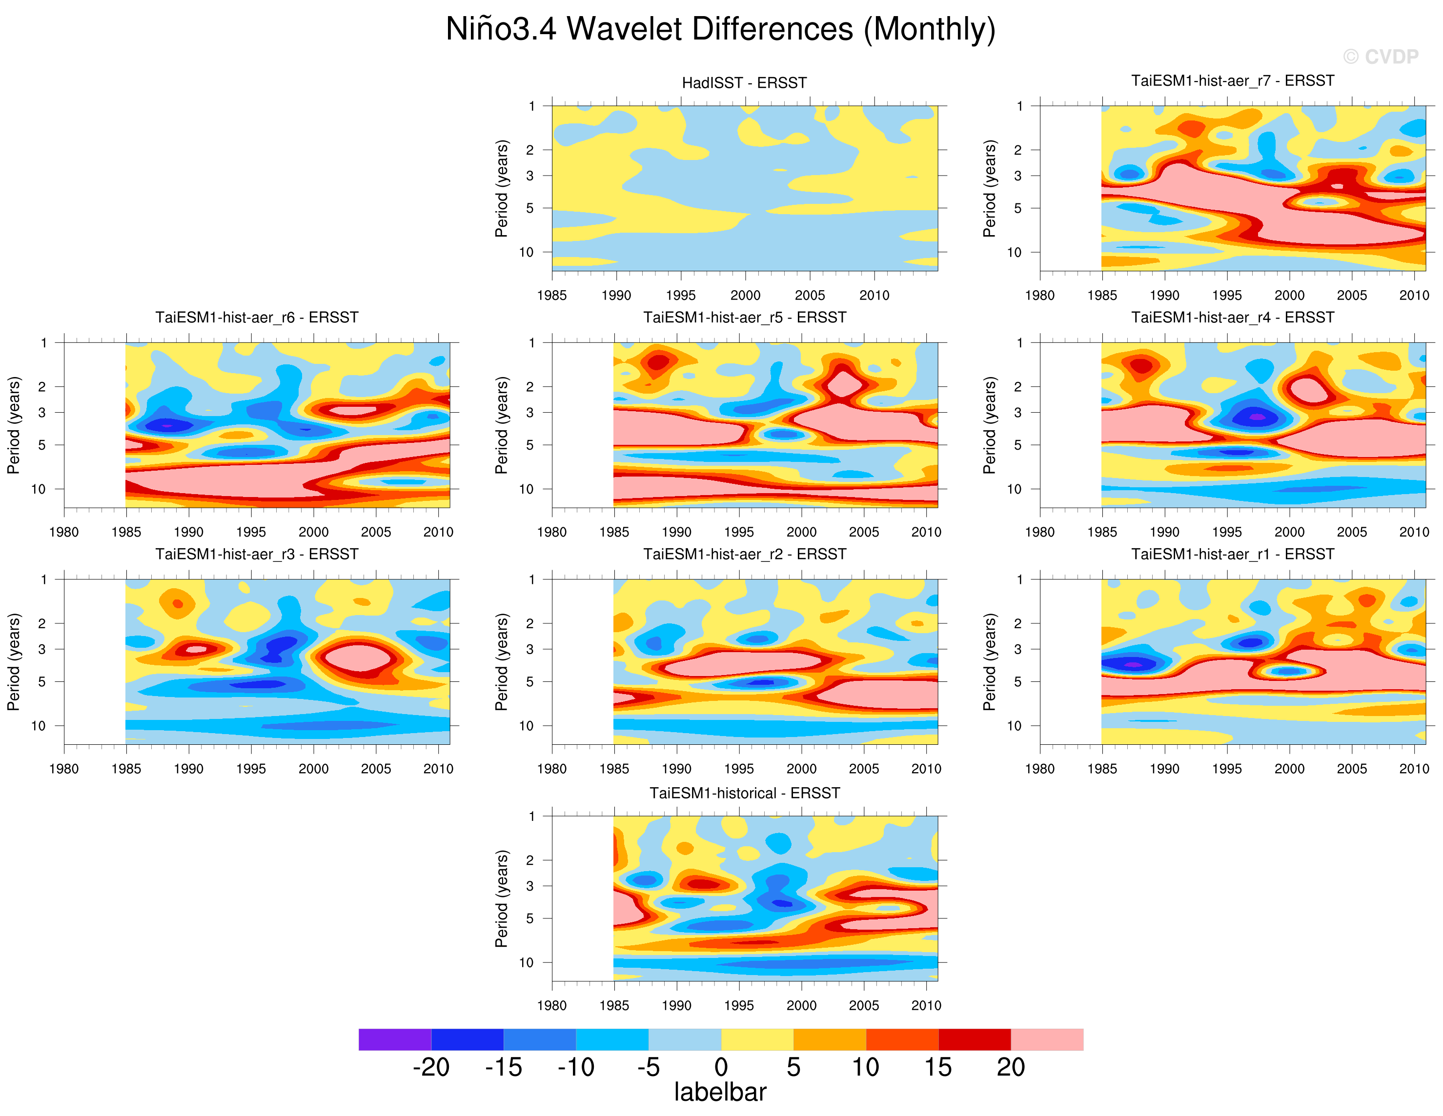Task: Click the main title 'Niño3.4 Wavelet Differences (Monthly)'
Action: [721, 29]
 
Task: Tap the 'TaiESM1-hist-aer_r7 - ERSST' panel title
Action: [1232, 80]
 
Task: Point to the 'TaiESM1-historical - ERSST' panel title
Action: [744, 793]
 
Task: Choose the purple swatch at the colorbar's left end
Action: [394, 1039]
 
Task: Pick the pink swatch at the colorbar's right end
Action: [1047, 1039]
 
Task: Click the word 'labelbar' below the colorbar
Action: [720, 1092]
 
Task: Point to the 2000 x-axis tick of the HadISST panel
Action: [745, 295]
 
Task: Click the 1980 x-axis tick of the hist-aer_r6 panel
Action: [63, 532]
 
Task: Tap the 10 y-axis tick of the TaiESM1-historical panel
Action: [526, 962]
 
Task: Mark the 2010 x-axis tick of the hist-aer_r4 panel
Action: [1414, 532]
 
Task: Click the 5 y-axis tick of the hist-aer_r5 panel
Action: [530, 445]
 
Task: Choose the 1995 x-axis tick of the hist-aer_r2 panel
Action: [739, 769]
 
